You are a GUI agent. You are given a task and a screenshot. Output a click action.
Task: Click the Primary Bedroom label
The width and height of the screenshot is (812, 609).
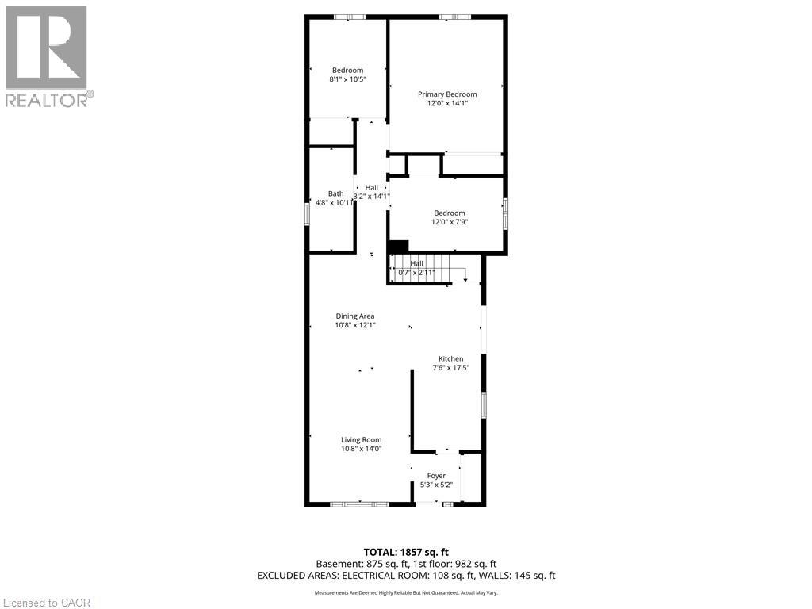(x=447, y=94)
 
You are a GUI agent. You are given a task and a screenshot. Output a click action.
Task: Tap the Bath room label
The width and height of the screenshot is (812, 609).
(x=336, y=193)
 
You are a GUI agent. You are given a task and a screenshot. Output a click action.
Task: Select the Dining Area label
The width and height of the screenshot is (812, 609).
(x=354, y=316)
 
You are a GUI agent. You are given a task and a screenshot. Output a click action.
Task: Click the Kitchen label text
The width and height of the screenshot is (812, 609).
(x=450, y=358)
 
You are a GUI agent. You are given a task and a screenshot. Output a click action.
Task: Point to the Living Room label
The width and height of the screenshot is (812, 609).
(x=361, y=439)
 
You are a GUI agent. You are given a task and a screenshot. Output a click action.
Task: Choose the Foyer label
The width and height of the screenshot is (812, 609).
(x=436, y=476)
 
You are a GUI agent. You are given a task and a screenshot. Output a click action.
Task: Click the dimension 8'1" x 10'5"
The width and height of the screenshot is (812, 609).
(x=347, y=79)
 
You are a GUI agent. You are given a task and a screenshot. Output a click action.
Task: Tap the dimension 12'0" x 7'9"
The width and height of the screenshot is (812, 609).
(x=449, y=221)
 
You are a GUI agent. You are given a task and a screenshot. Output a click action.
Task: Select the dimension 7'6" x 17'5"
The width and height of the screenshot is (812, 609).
(x=450, y=367)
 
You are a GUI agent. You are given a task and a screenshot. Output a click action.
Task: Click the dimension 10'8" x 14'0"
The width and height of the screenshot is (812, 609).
(x=361, y=448)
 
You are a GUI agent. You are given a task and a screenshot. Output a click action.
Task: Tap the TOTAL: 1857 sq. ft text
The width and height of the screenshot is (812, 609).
(x=405, y=552)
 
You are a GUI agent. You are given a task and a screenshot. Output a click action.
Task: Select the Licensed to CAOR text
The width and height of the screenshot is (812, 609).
(x=46, y=603)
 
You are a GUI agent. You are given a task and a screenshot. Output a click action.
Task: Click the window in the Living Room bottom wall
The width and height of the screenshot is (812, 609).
(x=359, y=504)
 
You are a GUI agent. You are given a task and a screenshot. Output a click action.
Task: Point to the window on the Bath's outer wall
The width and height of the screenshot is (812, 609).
(x=307, y=214)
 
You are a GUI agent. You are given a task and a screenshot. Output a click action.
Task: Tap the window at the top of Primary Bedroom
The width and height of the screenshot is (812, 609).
(x=455, y=16)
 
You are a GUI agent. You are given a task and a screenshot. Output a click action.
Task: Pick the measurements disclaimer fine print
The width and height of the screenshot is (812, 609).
(x=405, y=593)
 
